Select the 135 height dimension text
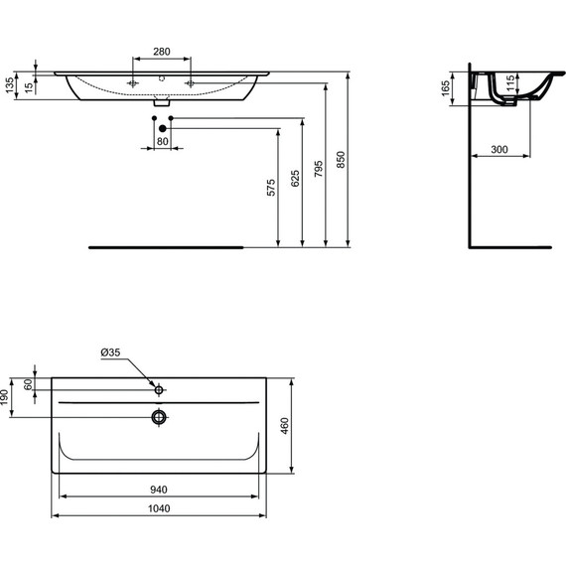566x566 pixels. coord(9,86)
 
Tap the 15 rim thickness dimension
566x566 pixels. coord(30,87)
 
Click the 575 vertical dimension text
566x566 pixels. coord(269,189)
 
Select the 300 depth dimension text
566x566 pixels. coord(499,149)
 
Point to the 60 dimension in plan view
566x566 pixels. coord(30,383)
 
